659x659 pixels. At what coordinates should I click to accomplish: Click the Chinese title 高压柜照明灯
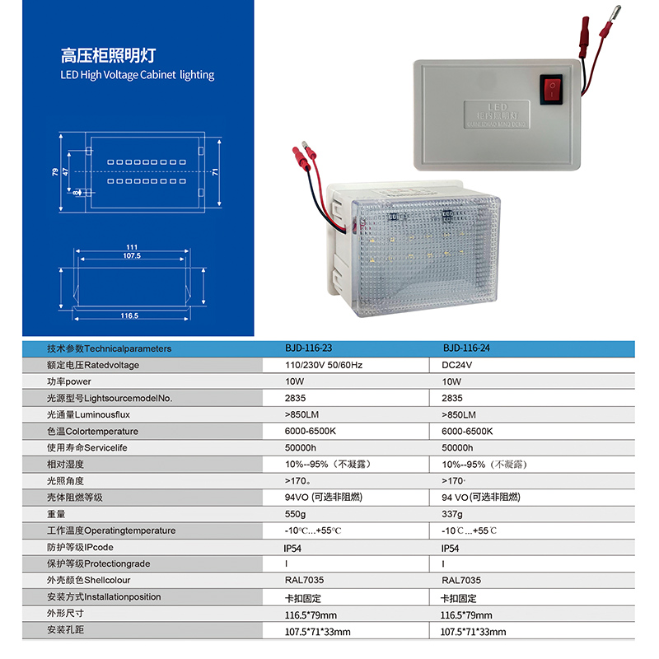[x=107, y=56]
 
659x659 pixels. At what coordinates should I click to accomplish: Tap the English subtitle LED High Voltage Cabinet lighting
[x=137, y=75]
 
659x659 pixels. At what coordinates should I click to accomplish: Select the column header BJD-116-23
[x=309, y=348]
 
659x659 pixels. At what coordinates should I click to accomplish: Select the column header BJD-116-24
[x=466, y=348]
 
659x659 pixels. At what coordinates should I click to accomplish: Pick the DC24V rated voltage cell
[x=456, y=365]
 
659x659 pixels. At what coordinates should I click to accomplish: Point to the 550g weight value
[x=295, y=514]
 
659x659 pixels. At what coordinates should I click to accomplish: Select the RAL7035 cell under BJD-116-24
[x=461, y=581]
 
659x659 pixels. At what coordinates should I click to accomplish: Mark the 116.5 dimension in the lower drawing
[x=129, y=315]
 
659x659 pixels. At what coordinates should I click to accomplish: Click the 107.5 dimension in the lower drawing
[x=131, y=256]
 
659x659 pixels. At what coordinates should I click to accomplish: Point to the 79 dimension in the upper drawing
[x=55, y=171]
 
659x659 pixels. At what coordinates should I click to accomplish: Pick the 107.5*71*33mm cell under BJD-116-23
[x=317, y=632]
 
